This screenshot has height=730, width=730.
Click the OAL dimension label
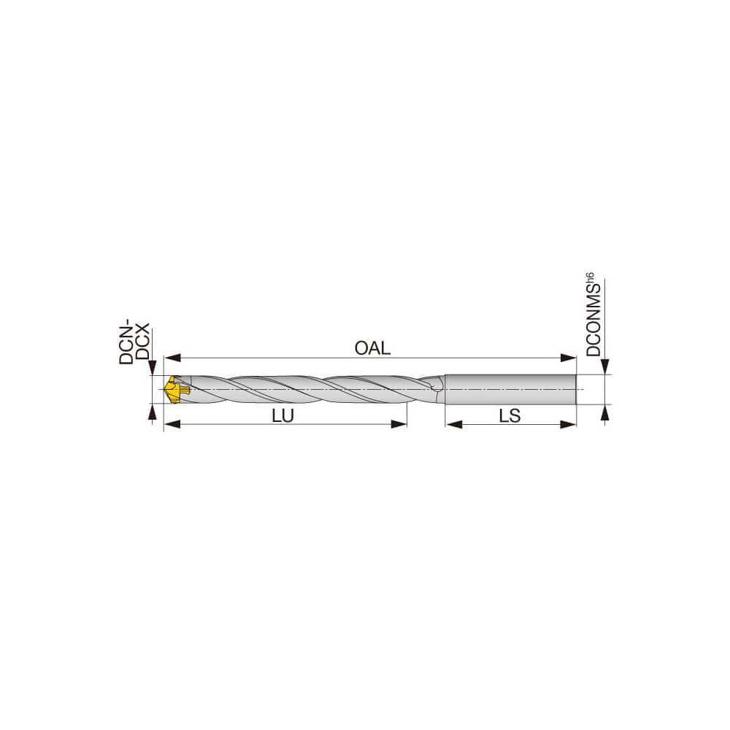click(x=372, y=348)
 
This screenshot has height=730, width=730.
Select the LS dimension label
click(x=510, y=415)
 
